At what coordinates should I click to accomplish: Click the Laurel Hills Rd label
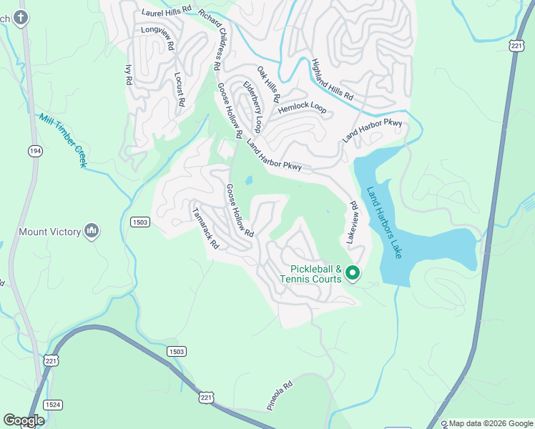(167, 11)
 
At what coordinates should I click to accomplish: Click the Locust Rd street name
(180, 88)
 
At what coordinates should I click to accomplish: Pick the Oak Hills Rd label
(268, 84)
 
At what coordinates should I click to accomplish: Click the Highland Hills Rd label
(333, 79)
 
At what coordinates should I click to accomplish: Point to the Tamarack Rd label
(206, 228)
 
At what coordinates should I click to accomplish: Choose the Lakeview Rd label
(352, 222)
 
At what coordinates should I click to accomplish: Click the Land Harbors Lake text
(385, 223)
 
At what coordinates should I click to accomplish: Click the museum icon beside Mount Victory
(91, 232)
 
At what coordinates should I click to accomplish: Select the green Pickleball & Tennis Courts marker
(352, 272)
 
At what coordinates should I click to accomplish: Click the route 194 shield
(34, 151)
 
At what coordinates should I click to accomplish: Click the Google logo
(24, 420)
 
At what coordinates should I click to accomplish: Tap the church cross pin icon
(21, 17)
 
